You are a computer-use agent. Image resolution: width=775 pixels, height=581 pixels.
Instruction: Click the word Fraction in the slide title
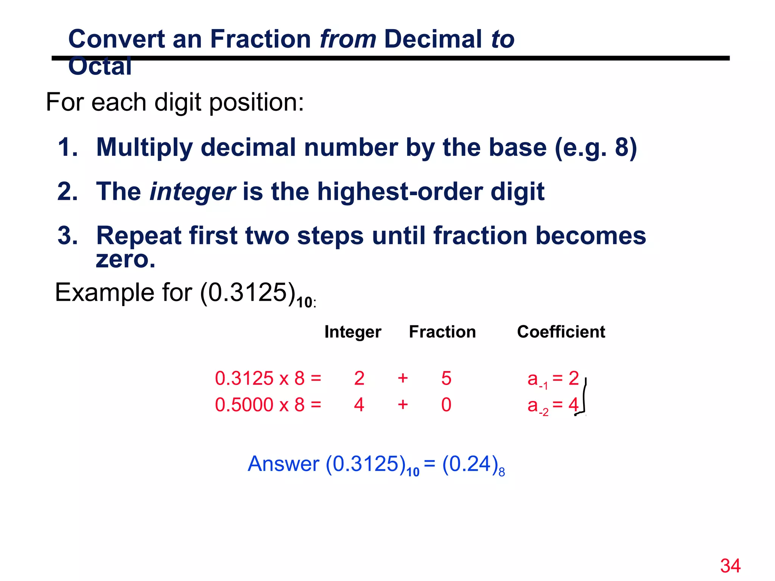click(260, 39)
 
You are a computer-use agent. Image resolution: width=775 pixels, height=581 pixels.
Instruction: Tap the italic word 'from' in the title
click(348, 39)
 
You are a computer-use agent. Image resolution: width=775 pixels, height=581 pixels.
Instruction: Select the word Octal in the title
click(100, 67)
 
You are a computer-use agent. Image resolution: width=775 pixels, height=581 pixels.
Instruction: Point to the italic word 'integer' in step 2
click(193, 192)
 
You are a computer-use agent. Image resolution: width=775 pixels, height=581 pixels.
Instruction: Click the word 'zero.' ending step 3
click(126, 259)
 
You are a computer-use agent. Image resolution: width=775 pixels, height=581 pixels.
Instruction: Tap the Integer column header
click(353, 332)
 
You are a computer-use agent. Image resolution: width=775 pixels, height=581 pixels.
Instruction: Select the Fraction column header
click(442, 332)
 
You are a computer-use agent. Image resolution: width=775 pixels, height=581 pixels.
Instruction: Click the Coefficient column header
click(561, 332)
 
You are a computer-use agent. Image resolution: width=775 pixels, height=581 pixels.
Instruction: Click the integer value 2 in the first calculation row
click(359, 378)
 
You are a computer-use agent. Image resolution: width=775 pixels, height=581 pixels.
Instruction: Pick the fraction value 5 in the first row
click(446, 378)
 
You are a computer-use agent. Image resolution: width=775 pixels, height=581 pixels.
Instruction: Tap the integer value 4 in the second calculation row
click(359, 405)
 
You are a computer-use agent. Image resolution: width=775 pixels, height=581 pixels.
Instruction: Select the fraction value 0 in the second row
click(446, 405)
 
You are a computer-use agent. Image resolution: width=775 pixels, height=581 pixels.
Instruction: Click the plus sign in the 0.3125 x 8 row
click(403, 378)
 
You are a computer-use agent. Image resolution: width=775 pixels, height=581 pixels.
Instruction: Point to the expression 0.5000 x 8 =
click(268, 405)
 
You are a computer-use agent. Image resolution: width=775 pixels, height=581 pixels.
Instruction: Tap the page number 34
click(730, 566)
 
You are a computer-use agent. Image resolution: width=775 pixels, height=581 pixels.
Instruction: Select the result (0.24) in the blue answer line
click(470, 464)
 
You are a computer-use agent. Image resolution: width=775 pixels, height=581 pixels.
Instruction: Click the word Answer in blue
click(283, 464)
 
